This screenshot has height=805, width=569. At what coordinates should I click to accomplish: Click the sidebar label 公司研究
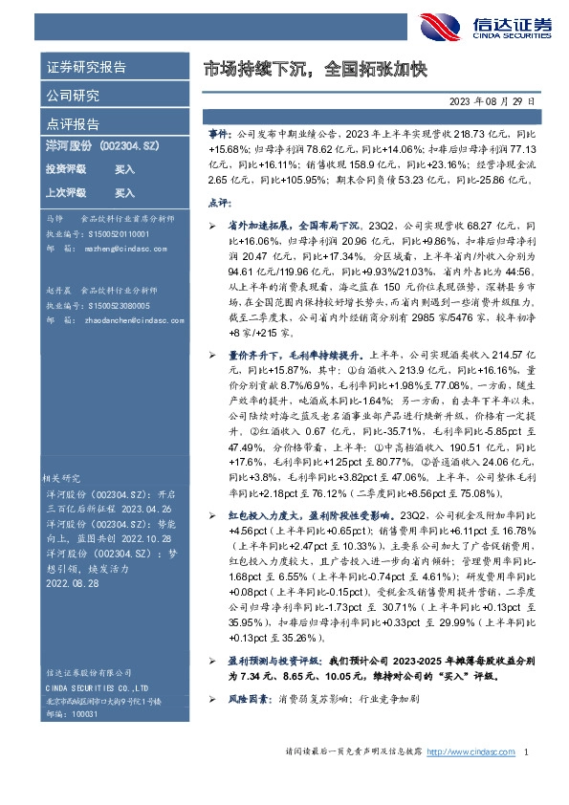click(73, 97)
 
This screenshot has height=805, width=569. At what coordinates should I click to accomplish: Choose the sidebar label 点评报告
click(73, 124)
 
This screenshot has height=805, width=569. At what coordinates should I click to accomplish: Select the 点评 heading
click(219, 203)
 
